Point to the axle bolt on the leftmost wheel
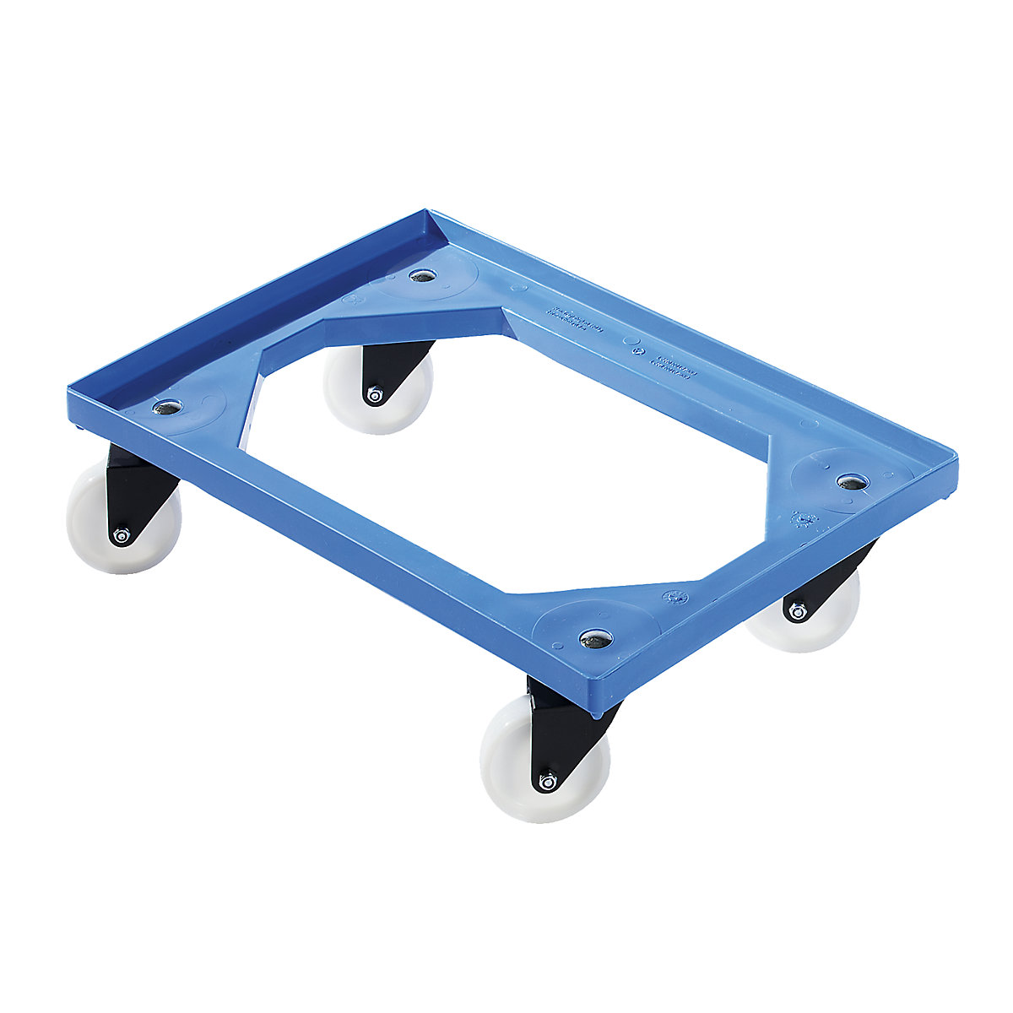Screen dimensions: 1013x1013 tap(121, 535)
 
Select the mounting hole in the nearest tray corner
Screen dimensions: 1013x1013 tap(595, 640)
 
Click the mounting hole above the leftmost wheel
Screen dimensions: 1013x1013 tap(167, 408)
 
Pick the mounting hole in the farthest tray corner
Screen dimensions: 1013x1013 tap(420, 275)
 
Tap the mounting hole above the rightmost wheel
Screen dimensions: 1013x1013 tap(852, 481)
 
